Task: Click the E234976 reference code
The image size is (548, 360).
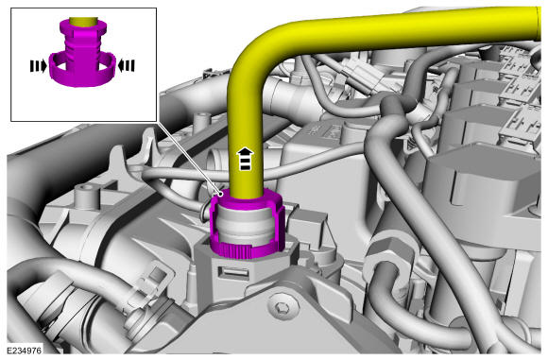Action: tap(25, 350)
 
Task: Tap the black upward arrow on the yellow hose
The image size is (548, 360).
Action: tap(246, 159)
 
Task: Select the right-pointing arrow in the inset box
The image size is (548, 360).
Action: tap(38, 66)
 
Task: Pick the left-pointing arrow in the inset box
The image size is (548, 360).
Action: tap(127, 66)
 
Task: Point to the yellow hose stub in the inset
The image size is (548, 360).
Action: tap(82, 22)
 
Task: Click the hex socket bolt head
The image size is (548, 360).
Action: tap(281, 309)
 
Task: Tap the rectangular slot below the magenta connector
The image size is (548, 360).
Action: tap(233, 273)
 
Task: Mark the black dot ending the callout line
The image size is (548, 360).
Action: tap(220, 194)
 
